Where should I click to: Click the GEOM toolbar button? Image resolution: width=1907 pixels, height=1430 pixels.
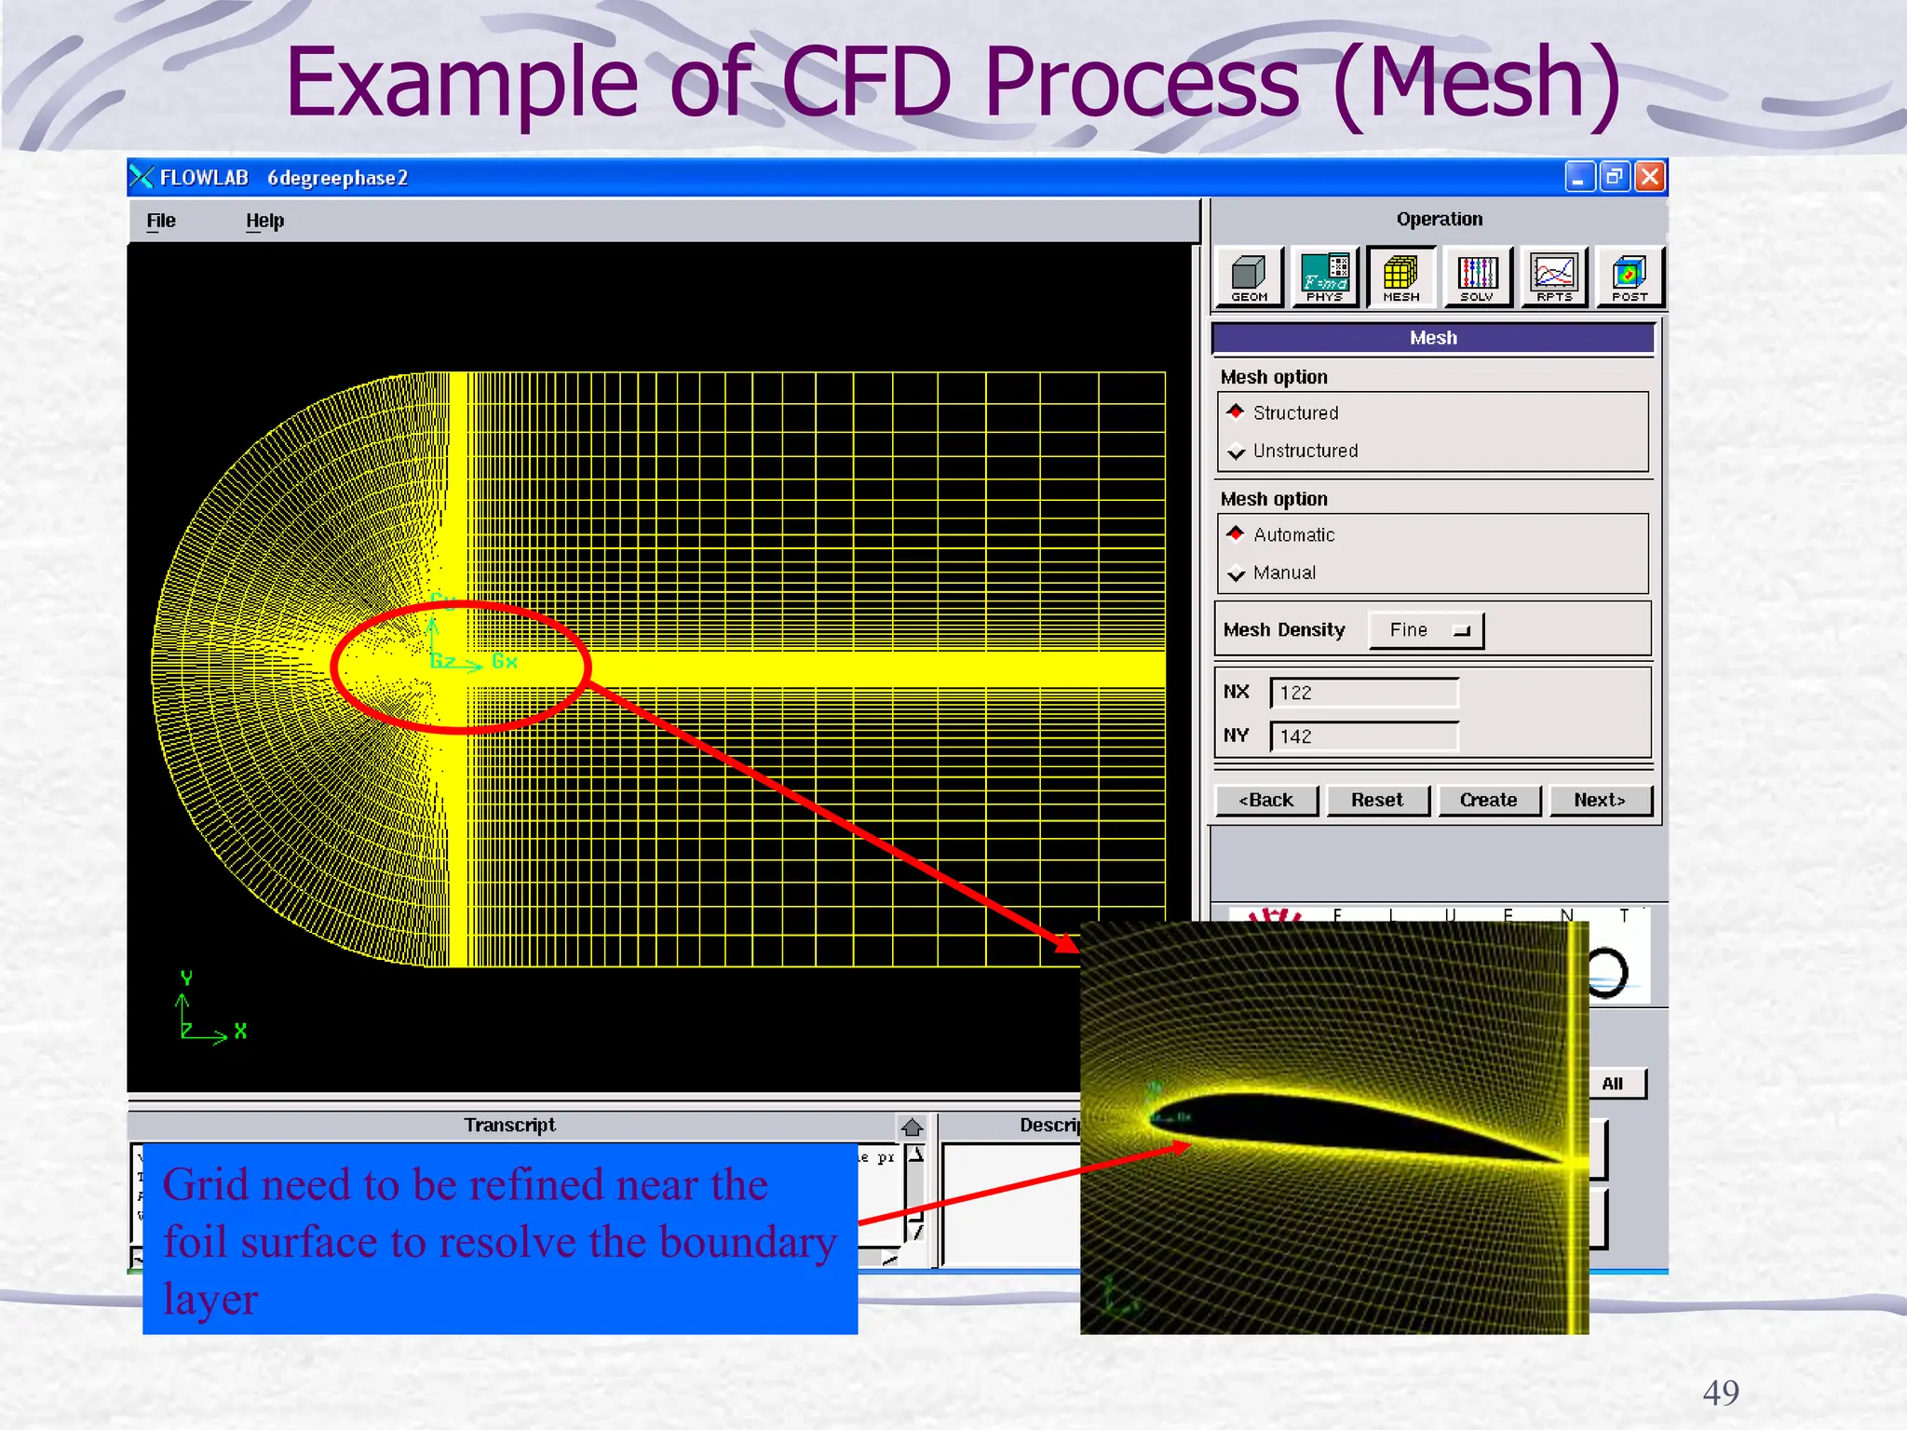coord(1250,277)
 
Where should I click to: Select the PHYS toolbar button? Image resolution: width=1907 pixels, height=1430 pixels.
coord(1325,277)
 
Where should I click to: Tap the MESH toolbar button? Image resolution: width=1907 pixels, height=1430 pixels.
coord(1401,277)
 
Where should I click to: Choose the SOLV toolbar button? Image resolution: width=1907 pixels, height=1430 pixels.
coord(1478,277)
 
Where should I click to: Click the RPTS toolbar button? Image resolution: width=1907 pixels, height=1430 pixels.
coord(1554,277)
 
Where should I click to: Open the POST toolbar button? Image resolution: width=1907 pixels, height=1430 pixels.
coord(1630,277)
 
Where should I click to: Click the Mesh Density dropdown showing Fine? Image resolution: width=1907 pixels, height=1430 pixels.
coord(1426,630)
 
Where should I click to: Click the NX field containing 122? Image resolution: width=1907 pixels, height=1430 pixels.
coord(1364,693)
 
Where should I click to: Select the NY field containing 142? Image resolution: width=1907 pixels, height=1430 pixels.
coord(1364,736)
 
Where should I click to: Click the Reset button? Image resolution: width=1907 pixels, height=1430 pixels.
coord(1377,800)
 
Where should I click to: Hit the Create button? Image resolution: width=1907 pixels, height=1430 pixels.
coord(1488,800)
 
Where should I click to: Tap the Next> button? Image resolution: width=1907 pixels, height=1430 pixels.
coord(1600,800)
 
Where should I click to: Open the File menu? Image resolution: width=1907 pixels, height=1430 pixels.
coord(161,221)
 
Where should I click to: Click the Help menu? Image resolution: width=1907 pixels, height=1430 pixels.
coord(265,221)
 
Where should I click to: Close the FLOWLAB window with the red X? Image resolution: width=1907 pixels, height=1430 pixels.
coord(1650,177)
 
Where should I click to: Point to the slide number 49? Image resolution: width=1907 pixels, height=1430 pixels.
coord(1720,1393)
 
